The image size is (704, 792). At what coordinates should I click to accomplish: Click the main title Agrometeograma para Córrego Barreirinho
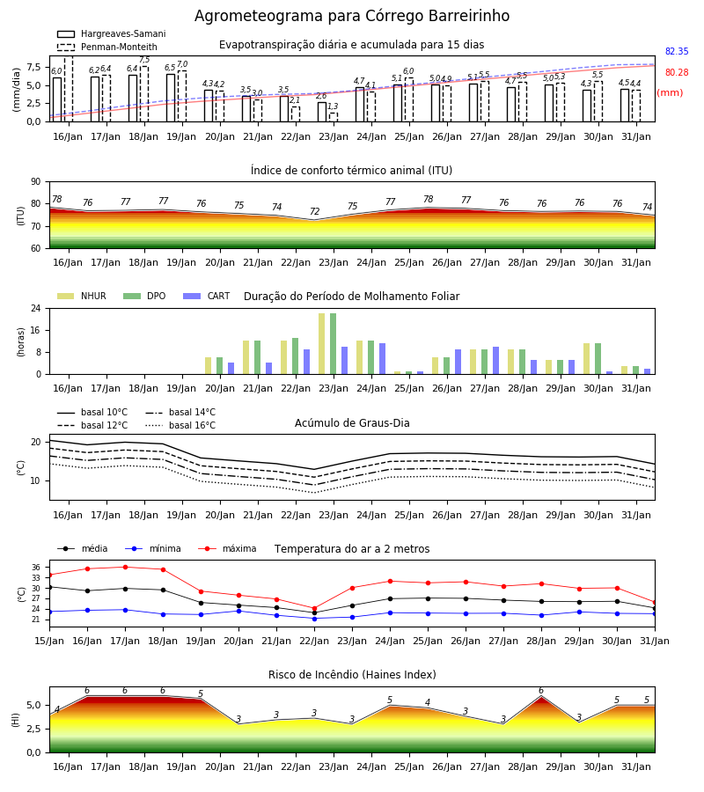(352, 16)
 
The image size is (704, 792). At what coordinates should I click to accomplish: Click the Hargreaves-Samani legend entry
(112, 33)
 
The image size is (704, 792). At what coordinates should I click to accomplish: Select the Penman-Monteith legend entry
(107, 47)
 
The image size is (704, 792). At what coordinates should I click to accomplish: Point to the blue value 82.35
(677, 52)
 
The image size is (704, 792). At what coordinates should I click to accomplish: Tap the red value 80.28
(677, 73)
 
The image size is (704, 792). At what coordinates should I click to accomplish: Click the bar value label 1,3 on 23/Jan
(333, 106)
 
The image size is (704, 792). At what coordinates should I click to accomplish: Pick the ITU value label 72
(315, 211)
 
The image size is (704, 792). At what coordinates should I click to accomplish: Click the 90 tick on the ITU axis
(36, 182)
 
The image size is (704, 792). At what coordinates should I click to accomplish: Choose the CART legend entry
(207, 296)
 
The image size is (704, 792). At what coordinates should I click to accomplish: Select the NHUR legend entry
(82, 296)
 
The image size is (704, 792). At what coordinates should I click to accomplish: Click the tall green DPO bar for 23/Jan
(334, 344)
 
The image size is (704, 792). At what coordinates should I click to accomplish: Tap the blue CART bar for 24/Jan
(382, 359)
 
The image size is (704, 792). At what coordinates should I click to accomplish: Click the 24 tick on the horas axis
(36, 309)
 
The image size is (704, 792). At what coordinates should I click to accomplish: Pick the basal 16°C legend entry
(180, 426)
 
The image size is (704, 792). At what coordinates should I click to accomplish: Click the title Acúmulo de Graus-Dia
(352, 423)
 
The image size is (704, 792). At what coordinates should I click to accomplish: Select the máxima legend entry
(227, 548)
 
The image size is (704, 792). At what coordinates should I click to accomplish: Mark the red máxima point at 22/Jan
(315, 609)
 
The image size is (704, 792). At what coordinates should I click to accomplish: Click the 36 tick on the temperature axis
(36, 568)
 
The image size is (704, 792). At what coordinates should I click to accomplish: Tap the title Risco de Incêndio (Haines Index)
(352, 675)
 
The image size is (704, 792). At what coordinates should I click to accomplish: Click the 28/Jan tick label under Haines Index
(523, 766)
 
